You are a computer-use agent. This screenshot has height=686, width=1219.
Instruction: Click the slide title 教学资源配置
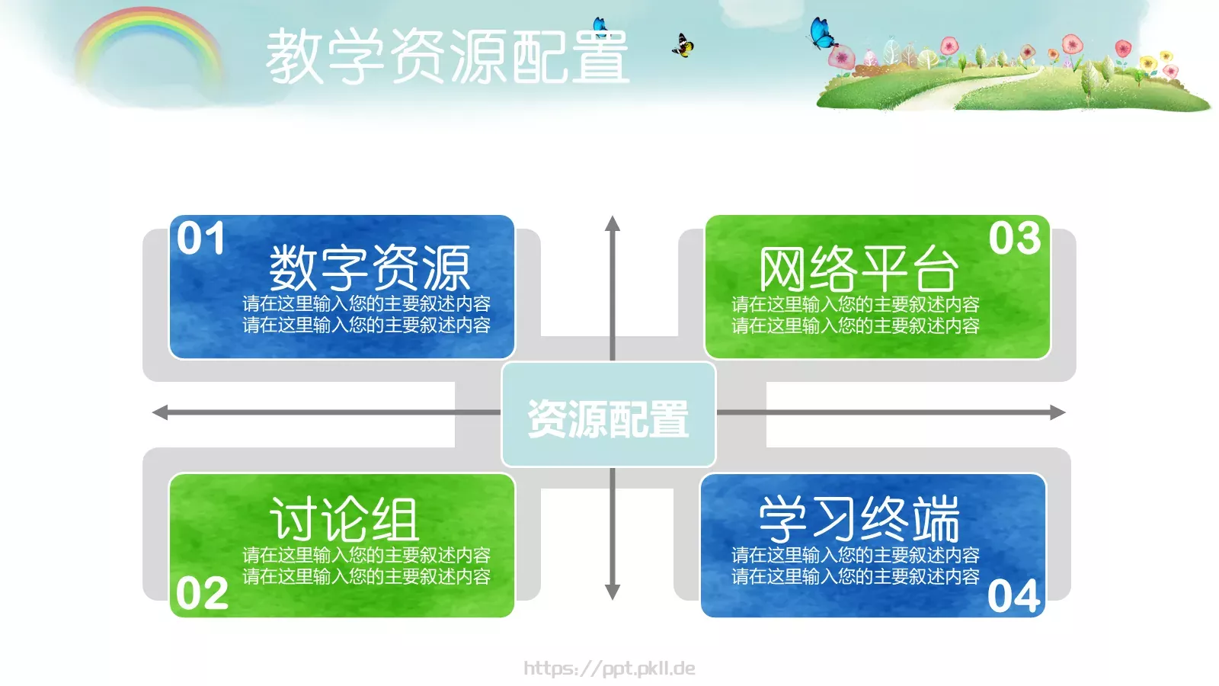coord(447,56)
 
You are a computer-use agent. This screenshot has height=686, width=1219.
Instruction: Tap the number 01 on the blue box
coord(201,239)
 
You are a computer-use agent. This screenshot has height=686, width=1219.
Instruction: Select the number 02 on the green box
coord(202,593)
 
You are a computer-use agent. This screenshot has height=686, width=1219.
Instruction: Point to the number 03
coord(1015,239)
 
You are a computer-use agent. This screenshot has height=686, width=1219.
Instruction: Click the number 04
coord(1014,596)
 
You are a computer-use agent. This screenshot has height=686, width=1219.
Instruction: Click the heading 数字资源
coord(370,268)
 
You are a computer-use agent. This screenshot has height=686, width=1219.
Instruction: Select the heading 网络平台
coord(858,269)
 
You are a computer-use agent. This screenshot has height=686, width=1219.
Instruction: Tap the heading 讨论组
coord(344,519)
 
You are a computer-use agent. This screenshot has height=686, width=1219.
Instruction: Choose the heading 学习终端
coord(859,519)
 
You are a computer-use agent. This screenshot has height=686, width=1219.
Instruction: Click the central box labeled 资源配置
coord(608,415)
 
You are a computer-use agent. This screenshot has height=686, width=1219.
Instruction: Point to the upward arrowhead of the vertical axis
coord(613,223)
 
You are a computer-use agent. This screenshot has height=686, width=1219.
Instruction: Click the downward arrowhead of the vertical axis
coord(613,592)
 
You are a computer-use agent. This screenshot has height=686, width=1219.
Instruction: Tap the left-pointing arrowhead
coord(161,413)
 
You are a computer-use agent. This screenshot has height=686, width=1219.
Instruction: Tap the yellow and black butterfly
coord(683,46)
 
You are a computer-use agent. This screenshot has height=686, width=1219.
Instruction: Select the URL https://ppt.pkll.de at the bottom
coord(609,668)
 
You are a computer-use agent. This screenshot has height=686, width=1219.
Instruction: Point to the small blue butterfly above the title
coord(600,25)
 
